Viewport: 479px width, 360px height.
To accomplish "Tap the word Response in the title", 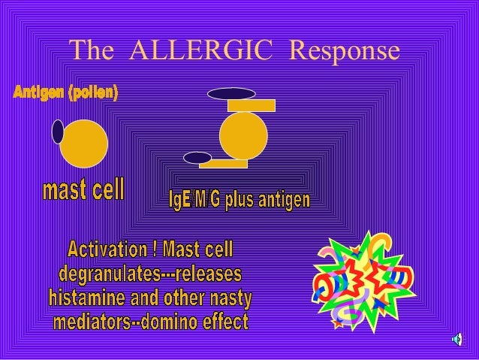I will (344, 50).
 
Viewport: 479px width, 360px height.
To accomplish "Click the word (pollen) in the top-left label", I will (92, 93).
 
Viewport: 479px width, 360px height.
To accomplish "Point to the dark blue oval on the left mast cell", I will (58, 132).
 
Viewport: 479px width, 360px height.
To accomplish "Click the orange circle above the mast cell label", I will (85, 144).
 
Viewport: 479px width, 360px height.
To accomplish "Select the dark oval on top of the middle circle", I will (231, 94).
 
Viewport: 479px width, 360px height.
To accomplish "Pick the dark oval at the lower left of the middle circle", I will (197, 158).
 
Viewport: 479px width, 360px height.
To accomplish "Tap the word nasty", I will (230, 298).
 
